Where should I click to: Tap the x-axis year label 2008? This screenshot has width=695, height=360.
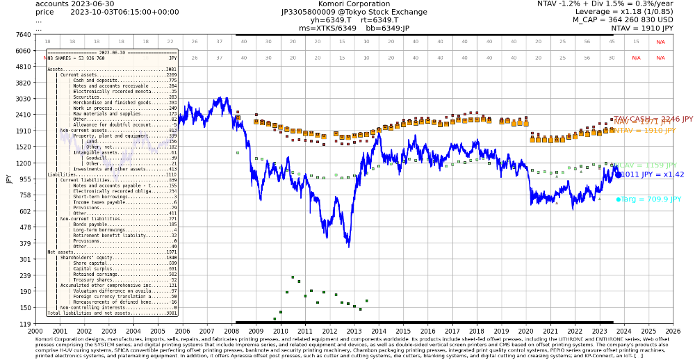coord(231,332)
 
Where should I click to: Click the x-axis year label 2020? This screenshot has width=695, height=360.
coord(525,332)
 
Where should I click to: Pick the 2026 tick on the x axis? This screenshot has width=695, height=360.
coord(673,332)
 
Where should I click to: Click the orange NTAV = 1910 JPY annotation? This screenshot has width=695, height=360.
coord(644,130)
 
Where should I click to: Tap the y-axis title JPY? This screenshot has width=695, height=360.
coord(9,179)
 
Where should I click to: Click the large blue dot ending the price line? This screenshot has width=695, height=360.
coord(617,175)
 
